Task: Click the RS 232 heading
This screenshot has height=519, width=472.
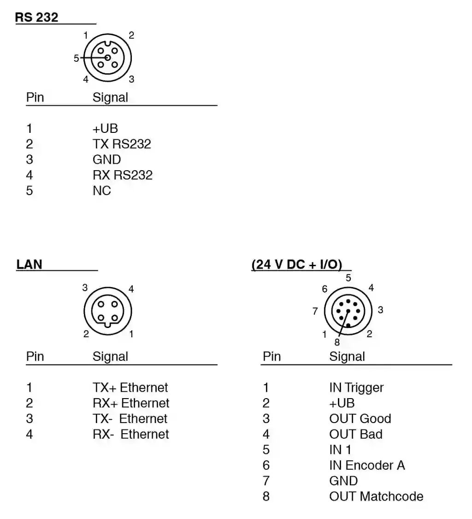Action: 37,18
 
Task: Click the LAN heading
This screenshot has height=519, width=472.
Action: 29,264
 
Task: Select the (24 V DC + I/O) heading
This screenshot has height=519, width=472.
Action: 297,264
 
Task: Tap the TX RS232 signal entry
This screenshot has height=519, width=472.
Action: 122,144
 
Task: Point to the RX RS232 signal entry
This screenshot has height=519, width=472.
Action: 122,175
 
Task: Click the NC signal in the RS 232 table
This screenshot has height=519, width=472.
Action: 102,191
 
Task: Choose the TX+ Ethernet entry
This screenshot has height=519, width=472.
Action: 130,388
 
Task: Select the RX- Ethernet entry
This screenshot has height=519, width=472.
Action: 131,435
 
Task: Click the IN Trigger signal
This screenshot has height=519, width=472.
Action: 356,388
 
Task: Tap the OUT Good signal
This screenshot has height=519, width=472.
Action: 360,419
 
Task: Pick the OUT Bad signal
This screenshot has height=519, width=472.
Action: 356,435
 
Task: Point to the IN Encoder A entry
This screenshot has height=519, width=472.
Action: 367,465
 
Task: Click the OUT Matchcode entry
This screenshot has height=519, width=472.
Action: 376,497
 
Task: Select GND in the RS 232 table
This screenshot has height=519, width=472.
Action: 106,160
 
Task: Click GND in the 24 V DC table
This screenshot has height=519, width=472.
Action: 343,481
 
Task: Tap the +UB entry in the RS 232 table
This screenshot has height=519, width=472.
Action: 105,128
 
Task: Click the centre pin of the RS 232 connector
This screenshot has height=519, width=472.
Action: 108,58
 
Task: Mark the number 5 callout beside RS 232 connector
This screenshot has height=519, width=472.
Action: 76,59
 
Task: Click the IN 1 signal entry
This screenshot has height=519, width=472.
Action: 340,450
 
